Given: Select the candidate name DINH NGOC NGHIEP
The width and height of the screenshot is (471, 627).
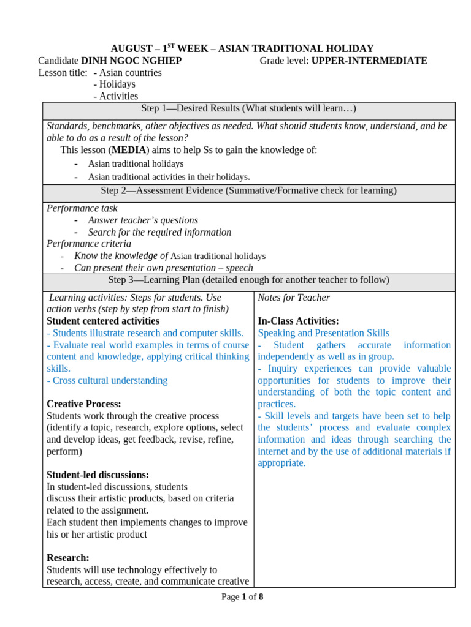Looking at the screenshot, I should (x=131, y=61).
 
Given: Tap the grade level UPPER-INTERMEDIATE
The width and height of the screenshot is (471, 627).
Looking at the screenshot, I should (x=369, y=61).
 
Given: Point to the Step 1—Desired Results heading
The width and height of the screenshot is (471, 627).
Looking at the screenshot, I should (x=248, y=108).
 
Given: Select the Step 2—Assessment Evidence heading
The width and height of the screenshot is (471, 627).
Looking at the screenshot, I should (x=248, y=191).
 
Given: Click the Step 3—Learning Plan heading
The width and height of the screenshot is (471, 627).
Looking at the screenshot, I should (x=248, y=280).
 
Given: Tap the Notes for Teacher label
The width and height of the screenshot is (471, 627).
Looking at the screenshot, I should (x=294, y=298).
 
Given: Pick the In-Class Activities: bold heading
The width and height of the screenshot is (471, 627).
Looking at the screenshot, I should (x=298, y=321).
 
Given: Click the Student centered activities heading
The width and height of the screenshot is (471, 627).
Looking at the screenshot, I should (x=103, y=321).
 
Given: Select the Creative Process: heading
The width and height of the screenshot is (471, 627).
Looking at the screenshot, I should (x=84, y=404).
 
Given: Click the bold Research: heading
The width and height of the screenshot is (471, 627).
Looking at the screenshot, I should (x=68, y=558).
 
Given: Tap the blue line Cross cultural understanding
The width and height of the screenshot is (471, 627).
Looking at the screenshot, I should (x=107, y=380).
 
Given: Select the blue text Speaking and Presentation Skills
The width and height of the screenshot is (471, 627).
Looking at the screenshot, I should (x=323, y=333).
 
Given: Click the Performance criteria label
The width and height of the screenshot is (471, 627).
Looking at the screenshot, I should (x=89, y=244).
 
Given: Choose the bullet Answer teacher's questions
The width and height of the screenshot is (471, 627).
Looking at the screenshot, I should (x=143, y=220).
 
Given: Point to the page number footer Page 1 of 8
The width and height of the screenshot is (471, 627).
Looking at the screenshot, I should (x=242, y=597).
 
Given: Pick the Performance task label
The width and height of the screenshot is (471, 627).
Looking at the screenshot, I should (x=82, y=208).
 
